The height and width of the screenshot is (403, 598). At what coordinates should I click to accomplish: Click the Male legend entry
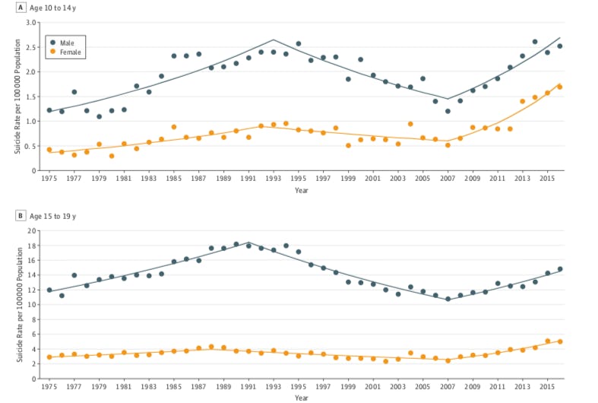click(x=67, y=42)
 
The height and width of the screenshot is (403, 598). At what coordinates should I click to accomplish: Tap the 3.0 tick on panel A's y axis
click(x=32, y=23)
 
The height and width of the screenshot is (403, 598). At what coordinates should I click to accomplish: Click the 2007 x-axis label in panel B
click(x=448, y=387)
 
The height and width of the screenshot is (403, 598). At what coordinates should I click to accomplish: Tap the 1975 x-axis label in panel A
click(x=49, y=179)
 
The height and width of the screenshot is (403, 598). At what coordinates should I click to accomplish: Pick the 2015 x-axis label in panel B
click(x=547, y=387)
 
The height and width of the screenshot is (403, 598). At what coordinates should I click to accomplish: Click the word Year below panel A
click(x=302, y=190)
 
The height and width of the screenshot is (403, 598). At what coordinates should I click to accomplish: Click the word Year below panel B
click(x=302, y=398)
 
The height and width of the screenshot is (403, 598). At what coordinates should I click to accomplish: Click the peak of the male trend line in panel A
click(x=274, y=40)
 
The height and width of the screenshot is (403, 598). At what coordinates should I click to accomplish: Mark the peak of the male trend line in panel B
click(x=248, y=243)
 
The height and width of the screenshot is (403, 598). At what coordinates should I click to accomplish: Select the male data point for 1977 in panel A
click(x=74, y=92)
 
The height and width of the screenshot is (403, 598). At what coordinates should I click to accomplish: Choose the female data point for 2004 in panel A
click(x=410, y=124)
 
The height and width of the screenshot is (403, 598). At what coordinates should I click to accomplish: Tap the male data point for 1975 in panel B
click(x=49, y=290)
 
